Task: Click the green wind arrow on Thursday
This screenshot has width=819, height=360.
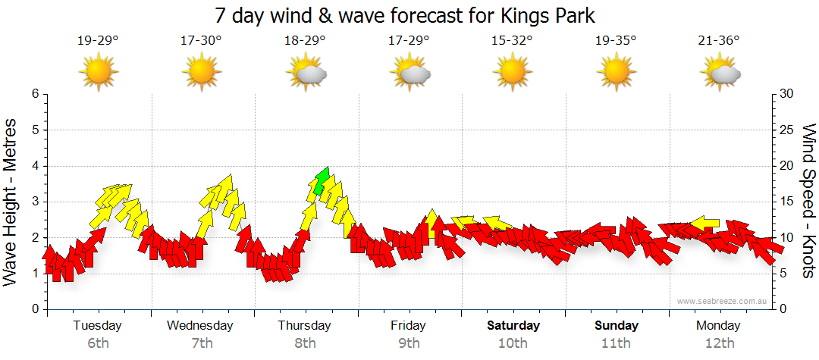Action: [322, 180]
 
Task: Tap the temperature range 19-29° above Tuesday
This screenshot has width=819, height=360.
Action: [98, 41]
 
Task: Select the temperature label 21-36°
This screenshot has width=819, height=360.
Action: [719, 41]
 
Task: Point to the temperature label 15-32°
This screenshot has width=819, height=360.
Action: [512, 41]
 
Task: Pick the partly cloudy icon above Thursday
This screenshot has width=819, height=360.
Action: [306, 74]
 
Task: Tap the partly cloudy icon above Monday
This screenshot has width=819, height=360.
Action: [720, 74]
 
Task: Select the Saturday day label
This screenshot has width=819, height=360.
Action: [513, 326]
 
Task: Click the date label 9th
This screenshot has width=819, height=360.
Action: [409, 343]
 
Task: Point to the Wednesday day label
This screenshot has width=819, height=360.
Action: [200, 326]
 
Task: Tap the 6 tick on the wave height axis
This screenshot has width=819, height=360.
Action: [35, 94]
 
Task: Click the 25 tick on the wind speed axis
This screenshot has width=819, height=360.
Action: [787, 130]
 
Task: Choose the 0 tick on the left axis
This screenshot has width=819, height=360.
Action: [35, 309]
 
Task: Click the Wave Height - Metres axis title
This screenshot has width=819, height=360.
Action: [12, 201]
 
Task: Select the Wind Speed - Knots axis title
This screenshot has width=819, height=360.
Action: [808, 201]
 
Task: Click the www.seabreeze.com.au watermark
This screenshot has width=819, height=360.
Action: [723, 301]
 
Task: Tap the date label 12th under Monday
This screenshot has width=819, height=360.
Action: [720, 343]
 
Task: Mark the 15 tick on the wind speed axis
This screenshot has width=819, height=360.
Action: [787, 202]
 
